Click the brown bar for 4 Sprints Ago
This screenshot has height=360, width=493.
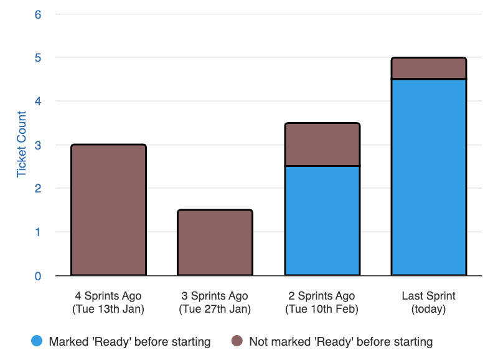[109, 210]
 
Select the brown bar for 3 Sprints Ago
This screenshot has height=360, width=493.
[215, 242]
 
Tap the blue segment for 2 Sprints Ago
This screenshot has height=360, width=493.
[322, 220]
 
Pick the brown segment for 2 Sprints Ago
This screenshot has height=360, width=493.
[322, 144]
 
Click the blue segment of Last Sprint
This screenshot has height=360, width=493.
[428, 177]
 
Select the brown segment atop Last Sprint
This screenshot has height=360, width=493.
[428, 69]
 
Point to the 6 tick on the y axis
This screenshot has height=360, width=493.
[38, 14]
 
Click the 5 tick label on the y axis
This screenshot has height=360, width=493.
[38, 57]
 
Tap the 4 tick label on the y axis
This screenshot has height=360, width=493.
[38, 101]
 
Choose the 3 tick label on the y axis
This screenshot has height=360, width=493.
[38, 144]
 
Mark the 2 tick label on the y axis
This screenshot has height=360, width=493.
[38, 188]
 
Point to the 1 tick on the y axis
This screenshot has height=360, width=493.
[38, 232]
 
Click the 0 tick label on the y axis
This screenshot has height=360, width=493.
[38, 275]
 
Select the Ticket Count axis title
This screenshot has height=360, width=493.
[22, 144]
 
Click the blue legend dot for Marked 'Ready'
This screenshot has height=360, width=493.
[37, 341]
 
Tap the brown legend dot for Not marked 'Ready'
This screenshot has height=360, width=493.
[237, 341]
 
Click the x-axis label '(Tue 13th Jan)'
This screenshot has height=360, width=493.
[108, 309]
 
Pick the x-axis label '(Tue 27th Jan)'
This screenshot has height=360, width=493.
[215, 309]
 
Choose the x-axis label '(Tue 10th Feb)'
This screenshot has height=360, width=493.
[322, 309]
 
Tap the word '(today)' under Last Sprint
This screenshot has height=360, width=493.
[428, 309]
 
